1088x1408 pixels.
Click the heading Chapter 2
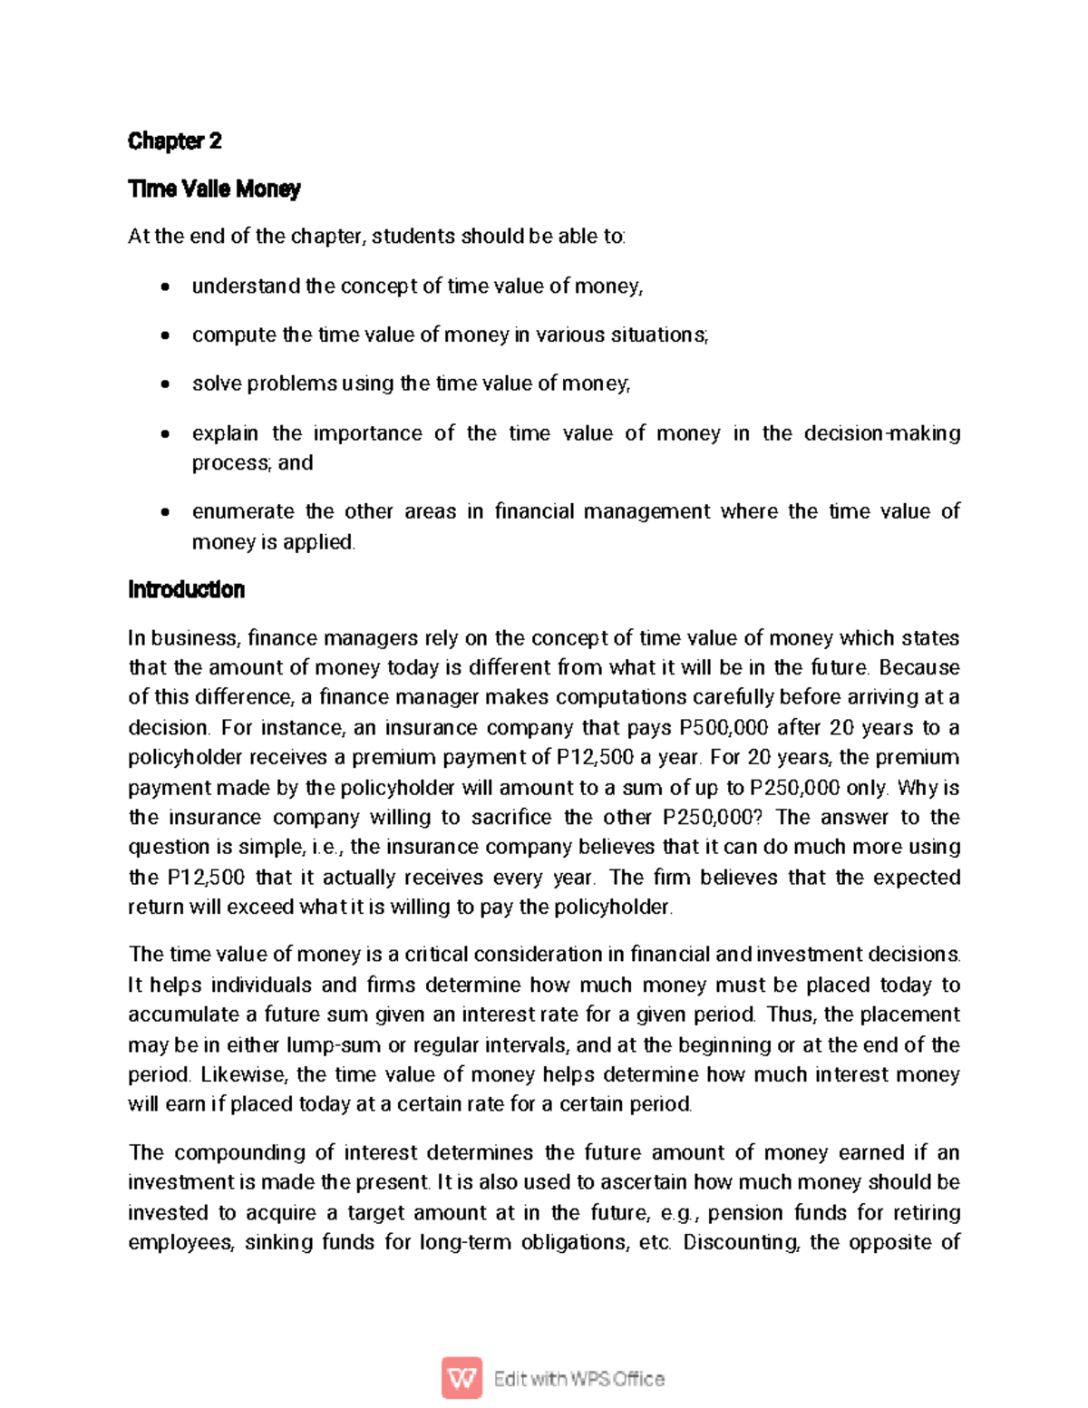click(174, 141)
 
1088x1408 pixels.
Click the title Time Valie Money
click(214, 189)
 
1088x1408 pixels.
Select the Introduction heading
click(186, 589)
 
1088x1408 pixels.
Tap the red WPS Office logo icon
click(462, 1378)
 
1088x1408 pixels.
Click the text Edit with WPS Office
click(578, 1379)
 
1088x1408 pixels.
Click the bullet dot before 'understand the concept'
click(164, 287)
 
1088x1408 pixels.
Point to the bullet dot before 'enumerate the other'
click(164, 512)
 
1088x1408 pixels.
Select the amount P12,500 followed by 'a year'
click(595, 757)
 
